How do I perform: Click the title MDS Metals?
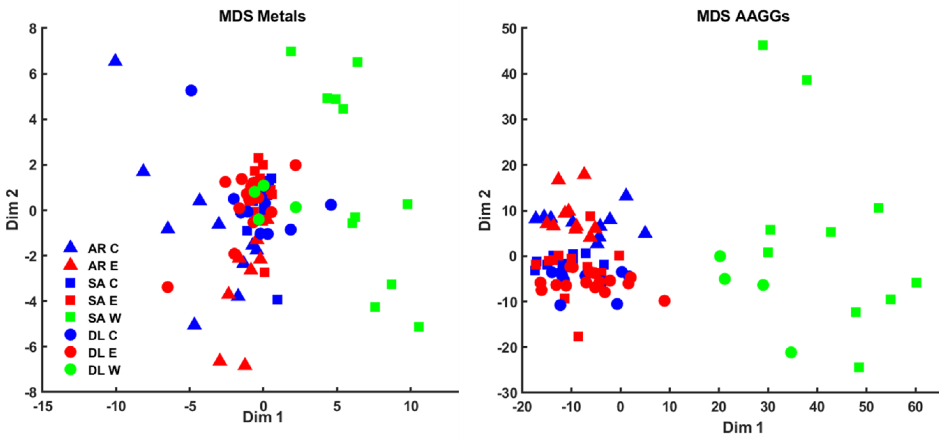tap(262, 16)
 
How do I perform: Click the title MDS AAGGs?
tap(743, 16)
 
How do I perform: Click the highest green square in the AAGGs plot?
tap(763, 46)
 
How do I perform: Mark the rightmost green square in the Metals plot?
tap(419, 326)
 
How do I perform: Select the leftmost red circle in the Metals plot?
tap(168, 287)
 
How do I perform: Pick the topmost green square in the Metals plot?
tap(291, 51)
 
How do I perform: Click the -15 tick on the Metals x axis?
tap(43, 406)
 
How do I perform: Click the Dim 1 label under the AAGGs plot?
tap(743, 427)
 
